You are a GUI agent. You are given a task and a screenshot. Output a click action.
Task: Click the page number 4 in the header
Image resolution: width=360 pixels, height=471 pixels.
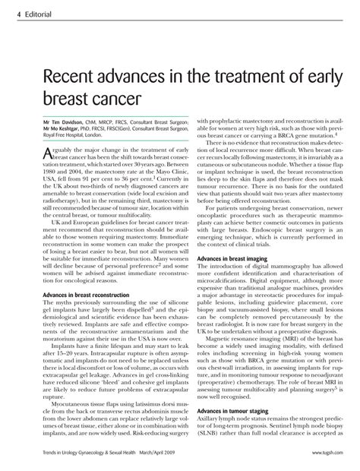pos(6,9)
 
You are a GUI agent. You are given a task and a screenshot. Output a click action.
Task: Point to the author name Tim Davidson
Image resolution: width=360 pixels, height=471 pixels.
pos(58,122)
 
